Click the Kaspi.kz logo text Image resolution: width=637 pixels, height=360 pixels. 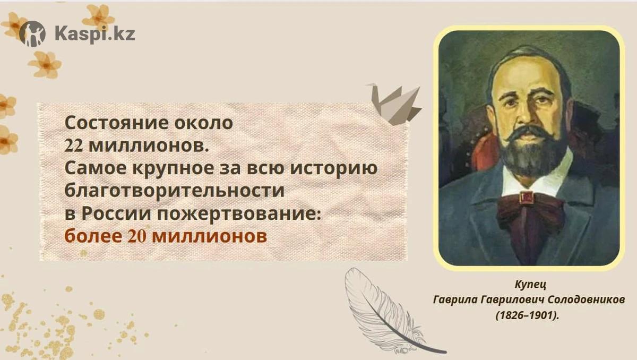94,34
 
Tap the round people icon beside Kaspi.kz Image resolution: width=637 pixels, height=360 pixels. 32,33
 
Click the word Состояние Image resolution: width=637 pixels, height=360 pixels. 116,123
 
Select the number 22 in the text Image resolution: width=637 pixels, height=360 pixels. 74,146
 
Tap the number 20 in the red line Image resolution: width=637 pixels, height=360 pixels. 137,237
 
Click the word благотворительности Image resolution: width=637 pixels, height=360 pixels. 175,191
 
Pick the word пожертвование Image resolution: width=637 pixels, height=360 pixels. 239,214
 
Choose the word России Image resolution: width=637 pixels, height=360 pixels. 117,214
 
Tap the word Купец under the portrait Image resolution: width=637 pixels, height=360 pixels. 530,285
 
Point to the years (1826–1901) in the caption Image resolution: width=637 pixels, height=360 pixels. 528,315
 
